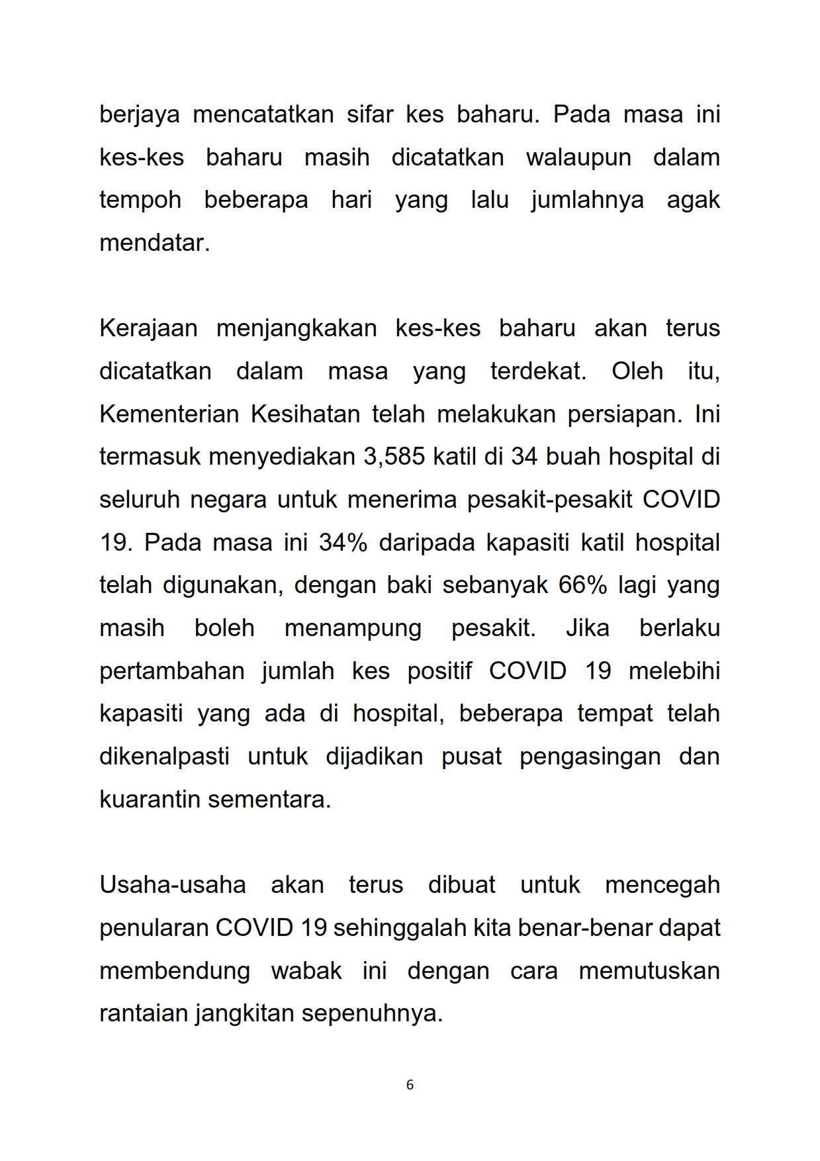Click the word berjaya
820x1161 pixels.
click(139, 115)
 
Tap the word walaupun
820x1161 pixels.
click(578, 158)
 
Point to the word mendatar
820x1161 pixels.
click(154, 243)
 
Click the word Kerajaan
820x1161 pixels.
click(148, 328)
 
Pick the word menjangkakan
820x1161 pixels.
click(296, 328)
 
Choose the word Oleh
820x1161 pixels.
click(637, 371)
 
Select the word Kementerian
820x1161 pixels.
click(169, 414)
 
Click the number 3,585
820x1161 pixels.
click(394, 457)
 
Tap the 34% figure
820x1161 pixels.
click(343, 542)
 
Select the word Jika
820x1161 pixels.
click(587, 627)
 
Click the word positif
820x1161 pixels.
click(439, 671)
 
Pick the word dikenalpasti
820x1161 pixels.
click(164, 756)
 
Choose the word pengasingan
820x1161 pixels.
click(590, 756)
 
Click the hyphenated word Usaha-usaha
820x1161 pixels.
click(172, 884)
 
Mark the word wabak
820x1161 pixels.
click(306, 970)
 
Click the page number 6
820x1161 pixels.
click(410, 1085)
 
